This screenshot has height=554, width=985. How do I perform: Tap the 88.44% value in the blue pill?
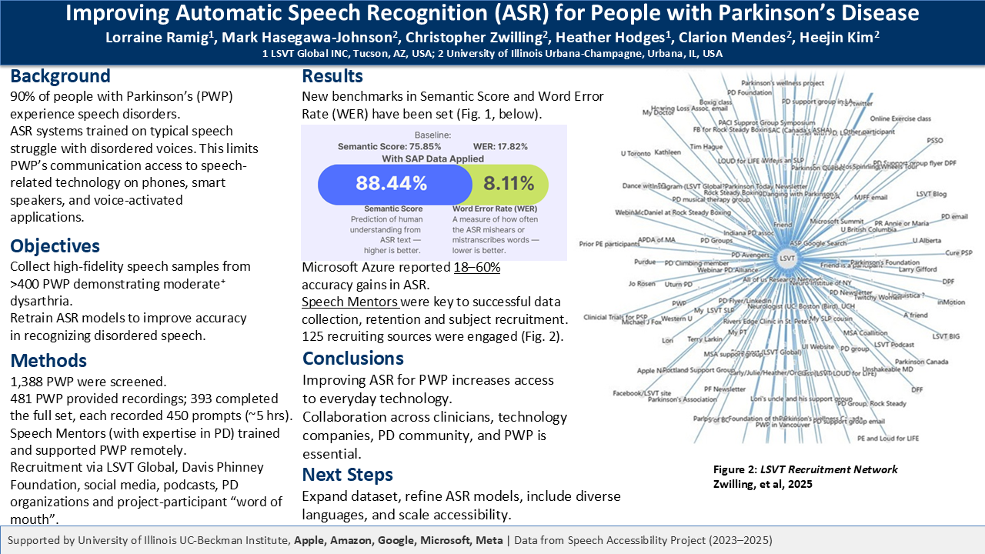click(x=391, y=183)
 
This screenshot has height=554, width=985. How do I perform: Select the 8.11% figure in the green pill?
click(x=509, y=183)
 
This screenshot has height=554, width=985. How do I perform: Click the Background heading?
click(x=60, y=76)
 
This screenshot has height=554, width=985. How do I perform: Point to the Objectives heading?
click(x=55, y=246)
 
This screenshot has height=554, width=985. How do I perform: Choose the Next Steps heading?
click(x=347, y=474)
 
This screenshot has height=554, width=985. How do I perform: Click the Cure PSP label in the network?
click(x=958, y=252)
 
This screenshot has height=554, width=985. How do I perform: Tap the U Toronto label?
click(x=636, y=153)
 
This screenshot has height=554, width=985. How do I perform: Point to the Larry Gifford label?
click(x=917, y=269)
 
